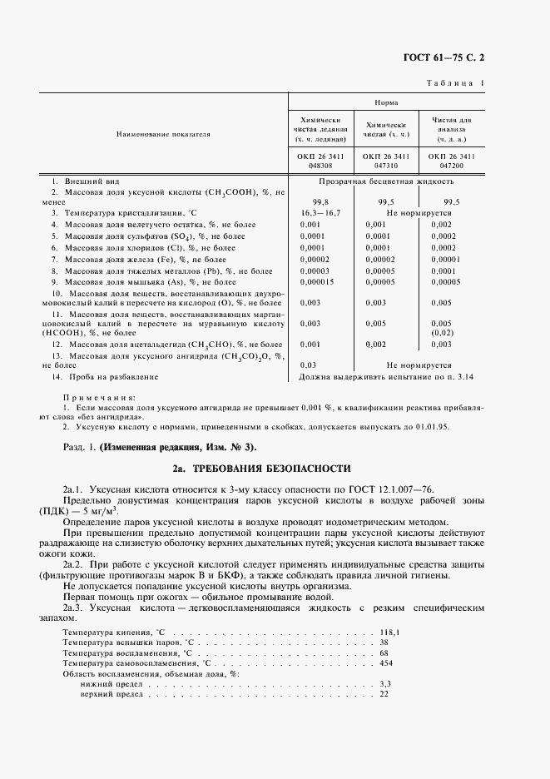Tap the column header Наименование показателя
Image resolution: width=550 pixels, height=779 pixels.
point(163,133)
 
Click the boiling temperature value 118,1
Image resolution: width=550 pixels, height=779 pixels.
point(390,633)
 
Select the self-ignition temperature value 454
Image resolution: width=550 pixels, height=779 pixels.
point(385,662)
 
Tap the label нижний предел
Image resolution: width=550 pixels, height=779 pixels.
point(111,683)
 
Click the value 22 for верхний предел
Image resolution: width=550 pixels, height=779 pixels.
point(384,693)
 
